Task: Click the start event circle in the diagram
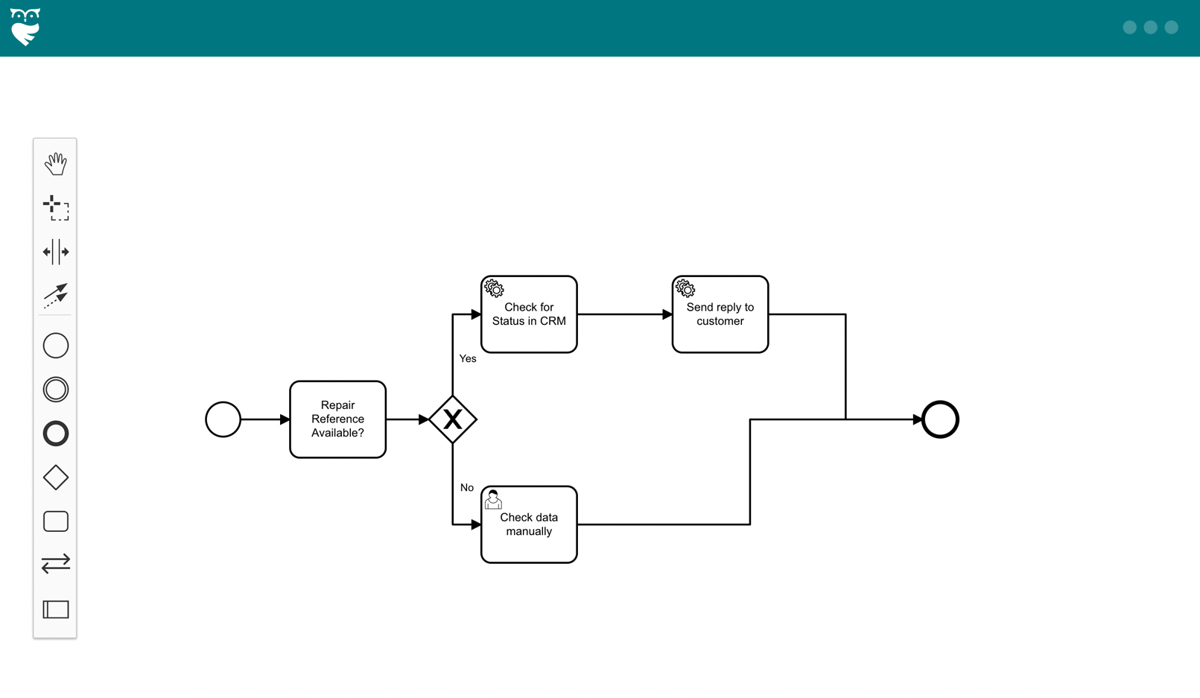pos(223,419)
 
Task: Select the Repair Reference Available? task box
pos(337,419)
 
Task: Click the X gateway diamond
pos(453,419)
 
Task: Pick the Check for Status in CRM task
pos(529,314)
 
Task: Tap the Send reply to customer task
pos(720,314)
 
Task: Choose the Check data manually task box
pos(529,524)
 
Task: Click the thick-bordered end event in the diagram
pos(940,419)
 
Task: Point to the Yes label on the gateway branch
pos(468,358)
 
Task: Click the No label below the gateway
pos(467,487)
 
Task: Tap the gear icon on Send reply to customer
pos(685,288)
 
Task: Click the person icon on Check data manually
pos(493,499)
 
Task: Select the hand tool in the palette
pos(56,164)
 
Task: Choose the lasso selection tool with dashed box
pos(56,208)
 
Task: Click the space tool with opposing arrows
pos(56,252)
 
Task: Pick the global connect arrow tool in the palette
pos(56,295)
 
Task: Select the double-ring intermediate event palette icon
pos(56,390)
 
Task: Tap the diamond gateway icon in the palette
pos(56,478)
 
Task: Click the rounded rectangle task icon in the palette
pos(56,521)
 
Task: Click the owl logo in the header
pos(25,28)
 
